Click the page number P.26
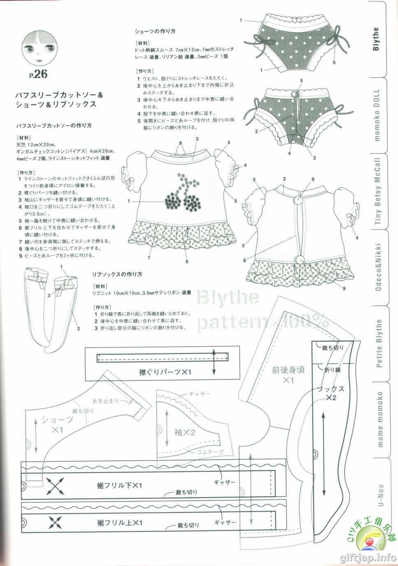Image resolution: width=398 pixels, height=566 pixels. pyautogui.click(x=39, y=74)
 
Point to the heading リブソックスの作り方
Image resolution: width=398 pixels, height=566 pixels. pyautogui.click(x=117, y=274)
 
